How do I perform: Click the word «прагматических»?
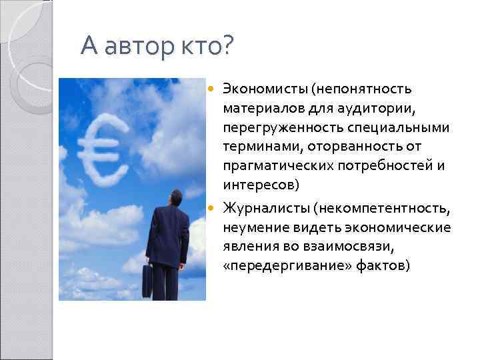pos(269,164)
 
